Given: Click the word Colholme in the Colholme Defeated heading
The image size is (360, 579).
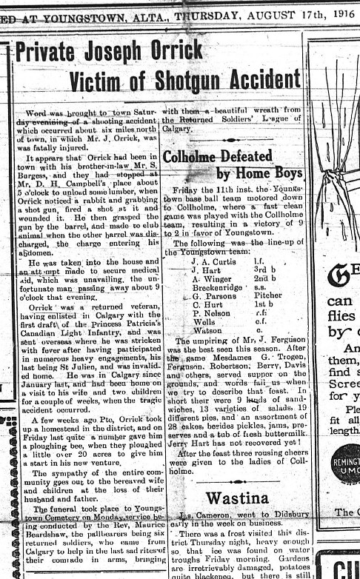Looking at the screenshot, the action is [193, 157].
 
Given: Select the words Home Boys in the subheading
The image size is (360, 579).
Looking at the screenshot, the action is [261, 173].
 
